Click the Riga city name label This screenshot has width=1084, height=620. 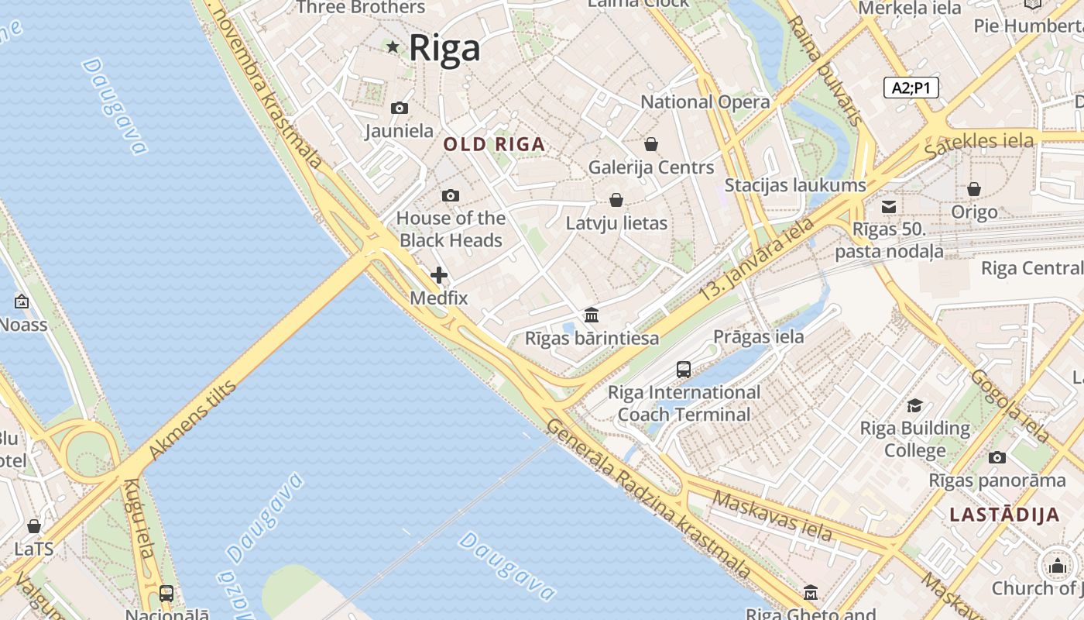[444, 48]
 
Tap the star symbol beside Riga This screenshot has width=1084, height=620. [393, 47]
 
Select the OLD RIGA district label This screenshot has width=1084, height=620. [494, 144]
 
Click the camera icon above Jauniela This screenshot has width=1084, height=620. [400, 108]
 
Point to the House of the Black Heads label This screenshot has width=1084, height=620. [451, 229]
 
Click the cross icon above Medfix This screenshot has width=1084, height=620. [439, 275]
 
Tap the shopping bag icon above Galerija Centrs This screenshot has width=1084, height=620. [651, 144]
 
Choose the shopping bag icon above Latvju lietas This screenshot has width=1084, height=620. [616, 201]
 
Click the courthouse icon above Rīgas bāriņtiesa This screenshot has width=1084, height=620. [592, 315]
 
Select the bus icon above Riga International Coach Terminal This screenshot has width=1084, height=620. [684, 369]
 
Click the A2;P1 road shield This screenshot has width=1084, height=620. [911, 88]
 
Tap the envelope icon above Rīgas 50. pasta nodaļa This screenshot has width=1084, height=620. [888, 207]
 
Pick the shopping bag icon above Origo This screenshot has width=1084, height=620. [974, 189]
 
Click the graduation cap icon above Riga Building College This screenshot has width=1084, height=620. [914, 406]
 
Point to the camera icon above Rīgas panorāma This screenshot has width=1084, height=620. [997, 457]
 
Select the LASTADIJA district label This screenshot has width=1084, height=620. [1004, 515]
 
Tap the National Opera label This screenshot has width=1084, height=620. [705, 102]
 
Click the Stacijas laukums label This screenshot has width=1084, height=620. [794, 185]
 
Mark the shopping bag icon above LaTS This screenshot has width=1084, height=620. [34, 526]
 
